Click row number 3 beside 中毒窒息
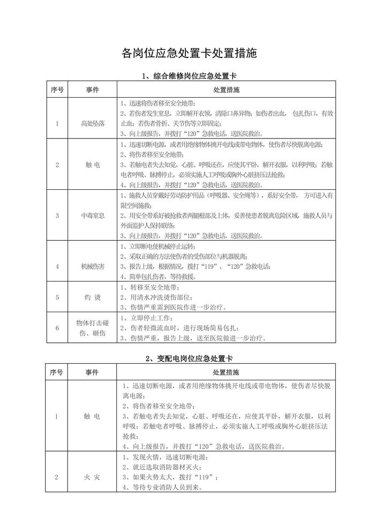click(57, 216)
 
